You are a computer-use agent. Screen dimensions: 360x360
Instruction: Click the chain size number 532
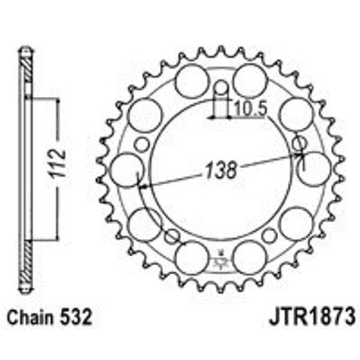(74, 320)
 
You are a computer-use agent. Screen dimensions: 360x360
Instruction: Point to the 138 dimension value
(220, 169)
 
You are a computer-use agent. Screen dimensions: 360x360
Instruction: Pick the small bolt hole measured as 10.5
(220, 90)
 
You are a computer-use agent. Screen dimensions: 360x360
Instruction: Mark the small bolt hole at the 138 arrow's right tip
(300, 144)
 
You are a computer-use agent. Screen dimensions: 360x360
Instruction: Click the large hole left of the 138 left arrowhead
(125, 170)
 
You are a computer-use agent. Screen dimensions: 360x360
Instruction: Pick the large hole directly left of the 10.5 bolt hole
(190, 82)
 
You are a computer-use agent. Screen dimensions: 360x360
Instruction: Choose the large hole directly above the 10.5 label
(249, 81)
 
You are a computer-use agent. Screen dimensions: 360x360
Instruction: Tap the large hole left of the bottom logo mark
(190, 258)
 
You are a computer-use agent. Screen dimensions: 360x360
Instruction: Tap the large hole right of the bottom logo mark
(249, 258)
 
